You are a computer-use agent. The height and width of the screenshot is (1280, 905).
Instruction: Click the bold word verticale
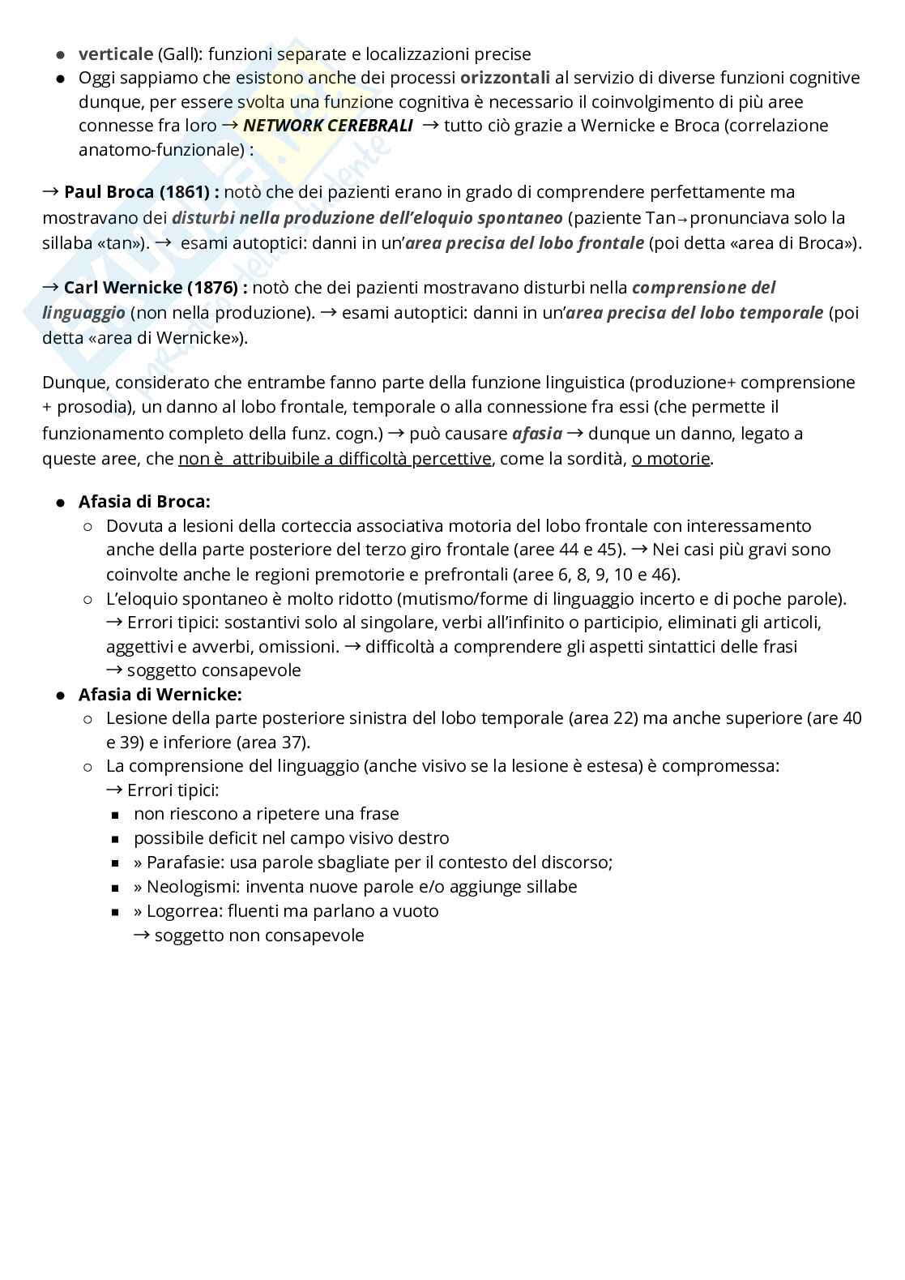pyautogui.click(x=115, y=54)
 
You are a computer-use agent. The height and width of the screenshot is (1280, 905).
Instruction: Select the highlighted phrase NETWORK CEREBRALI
pyautogui.click(x=327, y=126)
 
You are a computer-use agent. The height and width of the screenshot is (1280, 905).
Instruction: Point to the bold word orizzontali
pyautogui.click(x=505, y=78)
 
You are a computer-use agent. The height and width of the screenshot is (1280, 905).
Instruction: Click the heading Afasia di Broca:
pyautogui.click(x=144, y=502)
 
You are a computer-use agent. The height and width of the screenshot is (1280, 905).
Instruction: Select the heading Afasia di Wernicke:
pyautogui.click(x=160, y=695)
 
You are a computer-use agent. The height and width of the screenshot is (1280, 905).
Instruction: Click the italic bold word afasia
pyautogui.click(x=536, y=434)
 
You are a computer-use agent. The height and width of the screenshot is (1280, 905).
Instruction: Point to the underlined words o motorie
pyautogui.click(x=671, y=459)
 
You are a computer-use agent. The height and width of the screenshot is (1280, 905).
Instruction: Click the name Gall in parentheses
pyautogui.click(x=177, y=54)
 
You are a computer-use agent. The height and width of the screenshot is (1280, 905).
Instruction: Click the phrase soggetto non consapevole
pyautogui.click(x=259, y=935)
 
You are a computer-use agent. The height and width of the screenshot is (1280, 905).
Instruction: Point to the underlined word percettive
pyautogui.click(x=451, y=459)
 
